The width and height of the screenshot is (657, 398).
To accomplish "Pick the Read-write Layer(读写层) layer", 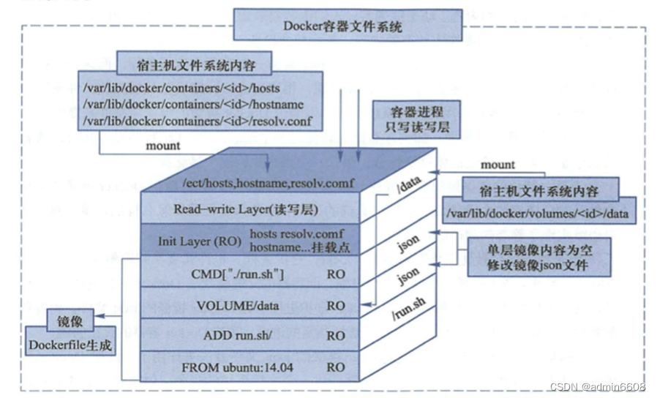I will tap(246, 209).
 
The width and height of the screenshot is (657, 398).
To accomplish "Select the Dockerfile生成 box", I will tap(70, 344).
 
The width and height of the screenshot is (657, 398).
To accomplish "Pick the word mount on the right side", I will tap(497, 165).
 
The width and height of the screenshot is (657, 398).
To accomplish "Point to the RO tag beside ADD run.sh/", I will tap(336, 336).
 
